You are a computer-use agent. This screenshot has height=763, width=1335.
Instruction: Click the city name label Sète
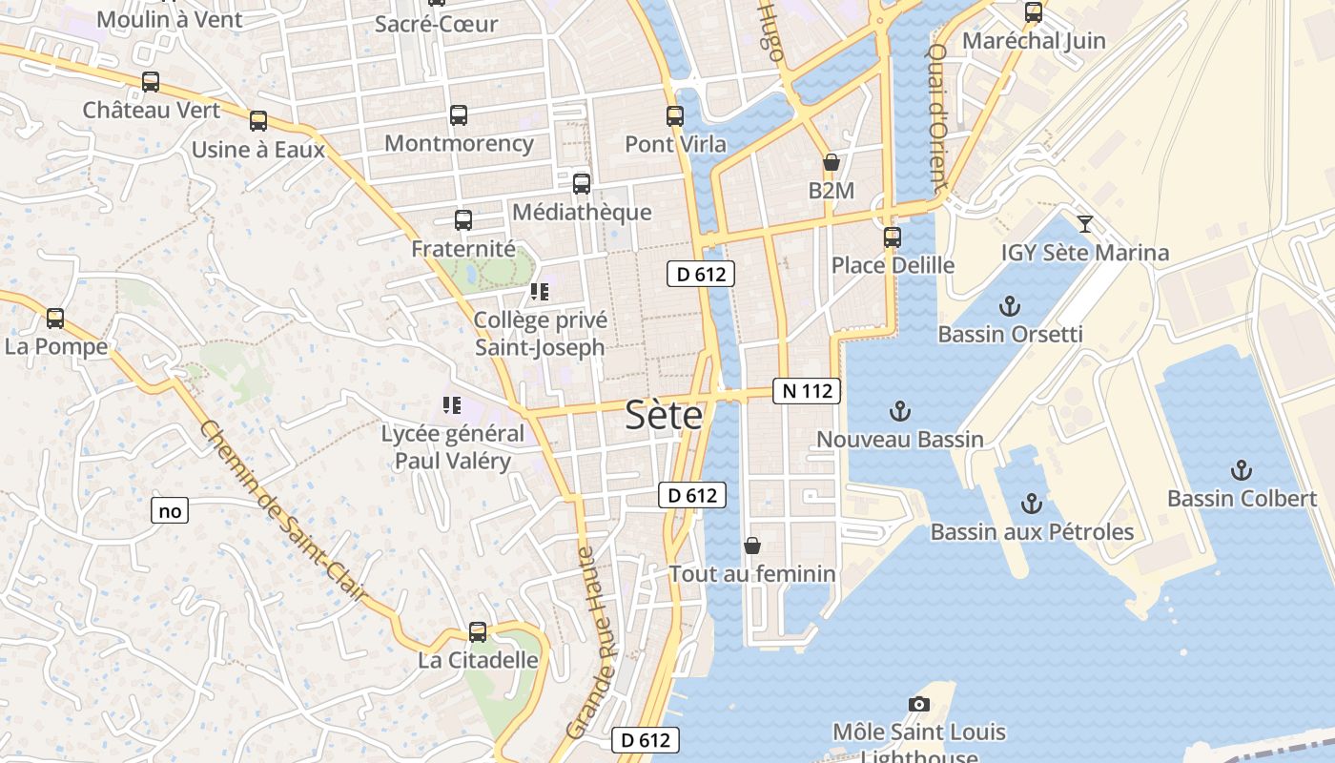[x=665, y=416]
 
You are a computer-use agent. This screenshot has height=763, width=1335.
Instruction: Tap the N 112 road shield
[x=806, y=390]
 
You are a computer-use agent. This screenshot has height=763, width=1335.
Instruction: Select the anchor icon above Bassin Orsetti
[x=1009, y=306]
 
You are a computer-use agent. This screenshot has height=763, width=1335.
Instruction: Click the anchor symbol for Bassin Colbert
[x=1241, y=470]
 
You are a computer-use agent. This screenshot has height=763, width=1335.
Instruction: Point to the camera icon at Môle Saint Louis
[x=919, y=704]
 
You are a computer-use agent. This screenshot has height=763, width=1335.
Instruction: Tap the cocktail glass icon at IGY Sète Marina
[x=1084, y=224]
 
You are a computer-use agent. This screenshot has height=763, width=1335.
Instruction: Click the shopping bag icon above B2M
[x=832, y=162]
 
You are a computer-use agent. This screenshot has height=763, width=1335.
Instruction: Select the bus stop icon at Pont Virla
[x=675, y=116]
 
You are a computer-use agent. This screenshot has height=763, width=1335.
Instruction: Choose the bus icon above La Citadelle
[x=478, y=631]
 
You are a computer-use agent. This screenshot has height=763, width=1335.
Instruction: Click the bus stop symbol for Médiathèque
[x=582, y=184]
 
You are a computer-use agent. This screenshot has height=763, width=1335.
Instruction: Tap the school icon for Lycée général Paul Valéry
[x=452, y=405]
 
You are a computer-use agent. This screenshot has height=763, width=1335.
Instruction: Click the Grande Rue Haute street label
[x=593, y=641]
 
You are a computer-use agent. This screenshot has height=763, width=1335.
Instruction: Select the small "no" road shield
[x=170, y=510]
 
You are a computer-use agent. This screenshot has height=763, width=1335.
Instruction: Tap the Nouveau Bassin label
[x=899, y=440]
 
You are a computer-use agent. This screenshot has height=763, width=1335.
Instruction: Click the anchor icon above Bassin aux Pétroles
[x=1031, y=504]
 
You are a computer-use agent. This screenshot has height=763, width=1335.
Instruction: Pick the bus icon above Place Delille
[x=893, y=237]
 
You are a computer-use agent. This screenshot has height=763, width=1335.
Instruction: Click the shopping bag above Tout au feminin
[x=752, y=546]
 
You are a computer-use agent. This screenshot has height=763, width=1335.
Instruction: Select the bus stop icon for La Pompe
[x=55, y=319]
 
